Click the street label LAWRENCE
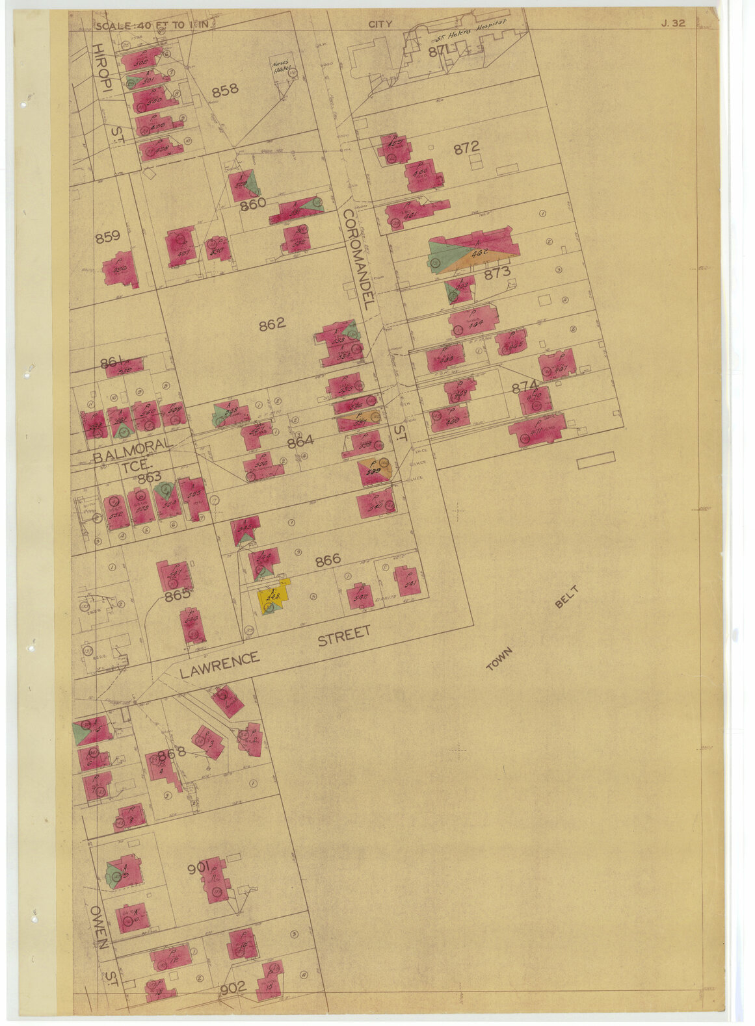[x=219, y=664]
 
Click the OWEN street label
[x=100, y=927]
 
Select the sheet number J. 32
[x=673, y=23]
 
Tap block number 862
[x=272, y=324]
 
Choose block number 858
[x=224, y=90]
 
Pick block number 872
[x=466, y=147]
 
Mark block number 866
[x=328, y=560]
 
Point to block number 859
[x=107, y=237]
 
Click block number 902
[x=233, y=988]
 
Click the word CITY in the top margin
[x=380, y=24]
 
